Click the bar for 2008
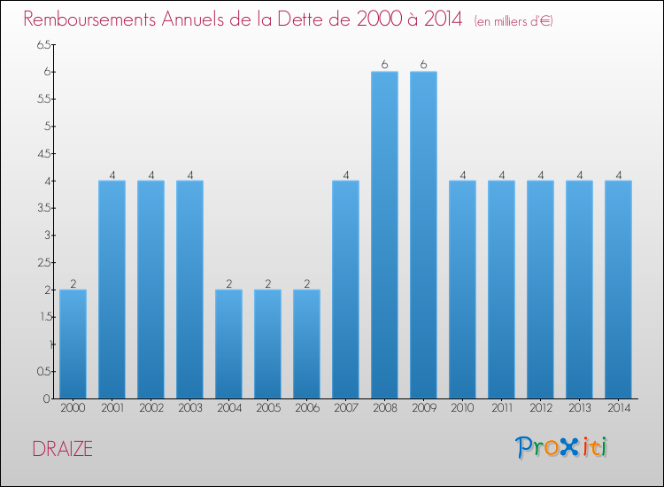[384, 235]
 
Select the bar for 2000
[73, 344]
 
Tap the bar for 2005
[267, 344]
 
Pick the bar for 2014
[618, 290]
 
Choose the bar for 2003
[189, 290]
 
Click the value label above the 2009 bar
[423, 65]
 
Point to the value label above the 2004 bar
[228, 283]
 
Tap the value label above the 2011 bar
[501, 174]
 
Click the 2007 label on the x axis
[345, 408]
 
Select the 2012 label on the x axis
[540, 408]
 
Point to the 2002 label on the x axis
[151, 408]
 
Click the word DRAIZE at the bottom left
[62, 449]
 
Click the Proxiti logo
[562, 447]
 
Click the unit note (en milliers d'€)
[513, 21]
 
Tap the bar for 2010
[462, 290]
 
